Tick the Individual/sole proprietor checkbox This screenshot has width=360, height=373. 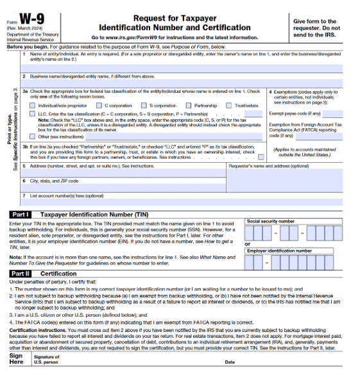[33, 105]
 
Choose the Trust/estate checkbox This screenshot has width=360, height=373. [229, 105]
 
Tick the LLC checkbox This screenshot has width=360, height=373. [33, 113]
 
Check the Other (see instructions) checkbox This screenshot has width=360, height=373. [33, 136]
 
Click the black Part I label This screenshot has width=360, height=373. [19, 213]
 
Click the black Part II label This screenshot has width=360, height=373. [19, 274]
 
